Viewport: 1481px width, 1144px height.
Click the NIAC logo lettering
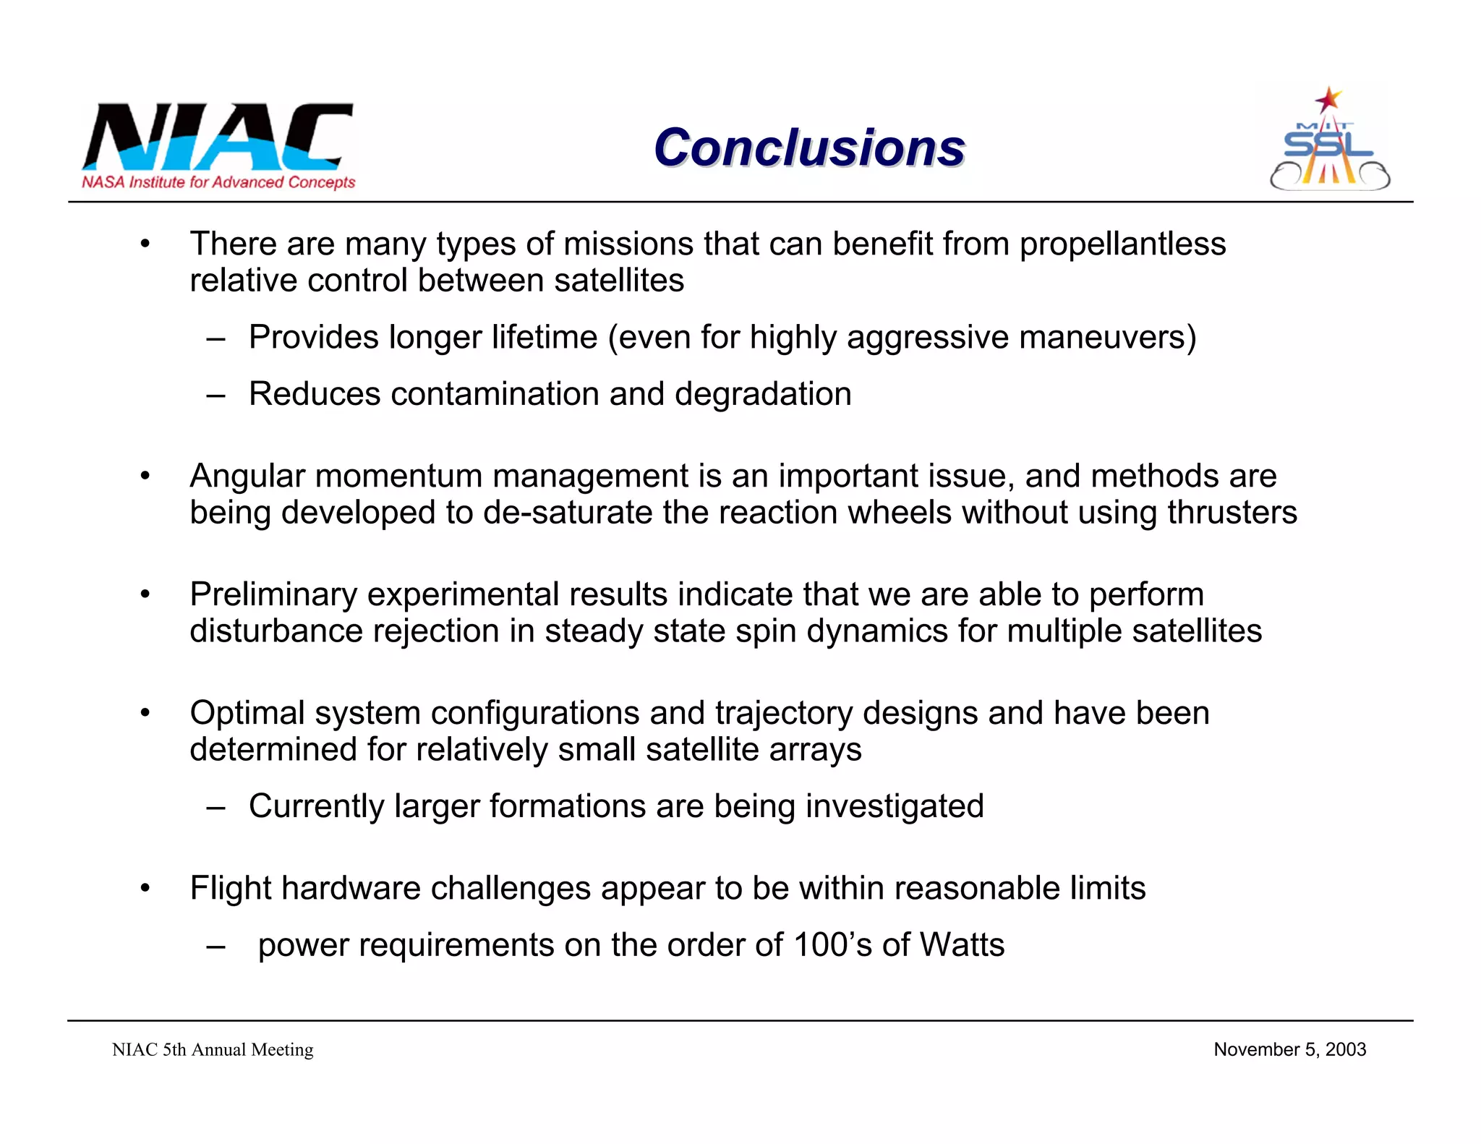point(217,136)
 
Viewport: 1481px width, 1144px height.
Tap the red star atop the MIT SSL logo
point(1328,99)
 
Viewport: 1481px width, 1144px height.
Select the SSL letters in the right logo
point(1328,145)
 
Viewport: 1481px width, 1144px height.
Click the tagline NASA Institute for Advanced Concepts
point(218,182)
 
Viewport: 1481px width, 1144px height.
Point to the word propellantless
point(1122,244)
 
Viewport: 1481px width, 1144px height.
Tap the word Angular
point(247,477)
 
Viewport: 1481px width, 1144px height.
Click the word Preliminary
point(273,594)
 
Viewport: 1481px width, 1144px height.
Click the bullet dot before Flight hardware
point(145,888)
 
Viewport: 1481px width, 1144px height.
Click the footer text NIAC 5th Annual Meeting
point(213,1050)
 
